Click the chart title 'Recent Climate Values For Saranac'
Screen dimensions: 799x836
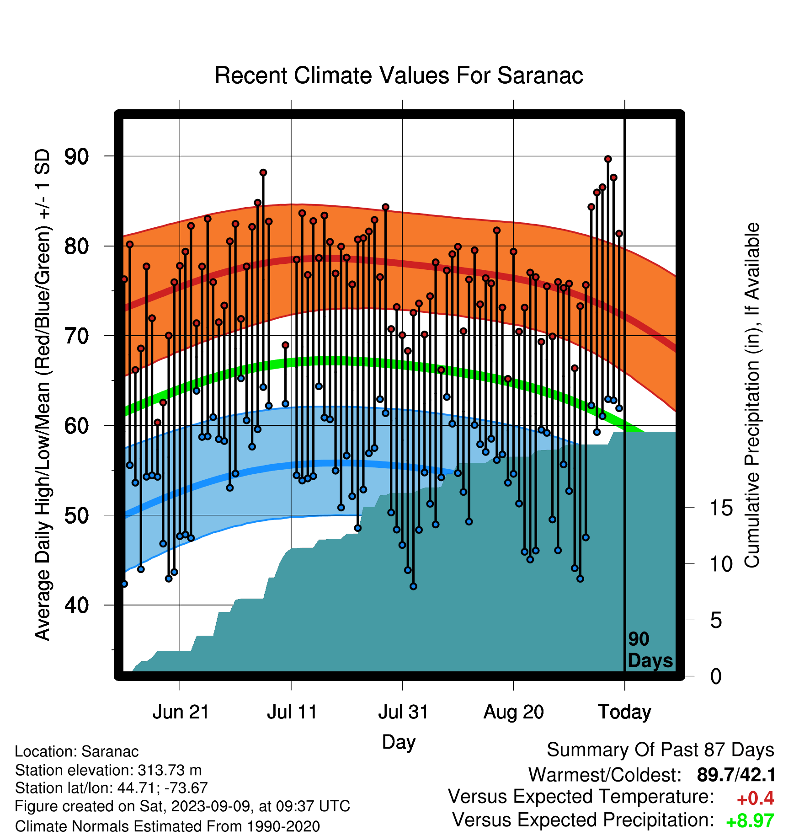tap(399, 75)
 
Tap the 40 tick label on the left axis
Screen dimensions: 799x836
tap(77, 605)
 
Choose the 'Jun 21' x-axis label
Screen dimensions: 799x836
tap(181, 712)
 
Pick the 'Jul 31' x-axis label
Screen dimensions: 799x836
tap(403, 712)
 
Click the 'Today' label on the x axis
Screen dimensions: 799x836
tap(624, 712)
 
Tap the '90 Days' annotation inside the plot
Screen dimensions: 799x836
tap(650, 650)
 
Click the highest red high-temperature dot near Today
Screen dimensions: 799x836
tap(608, 159)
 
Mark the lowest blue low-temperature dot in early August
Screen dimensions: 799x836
tap(413, 586)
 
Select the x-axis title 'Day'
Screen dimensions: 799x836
tap(399, 742)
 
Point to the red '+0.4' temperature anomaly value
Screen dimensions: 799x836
tap(755, 798)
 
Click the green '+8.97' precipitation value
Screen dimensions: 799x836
tap(750, 821)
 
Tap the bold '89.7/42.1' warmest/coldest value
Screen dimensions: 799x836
tap(736, 775)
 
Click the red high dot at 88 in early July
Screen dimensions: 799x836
tap(263, 172)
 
